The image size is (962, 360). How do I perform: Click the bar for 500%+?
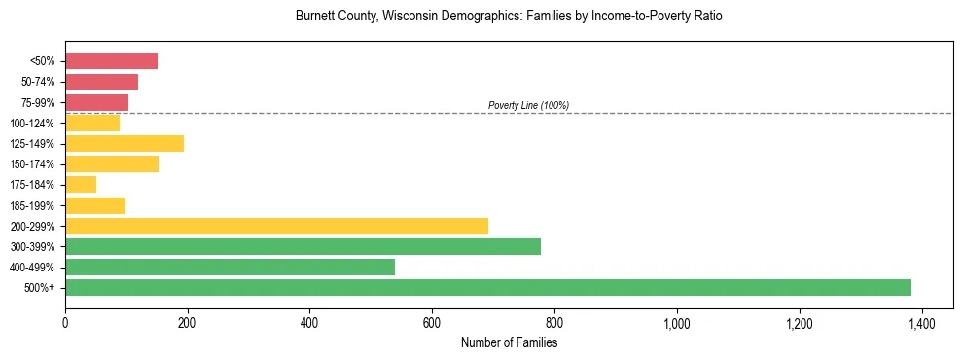point(488,288)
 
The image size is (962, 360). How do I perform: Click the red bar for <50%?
point(111,61)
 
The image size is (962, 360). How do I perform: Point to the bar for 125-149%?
point(125,144)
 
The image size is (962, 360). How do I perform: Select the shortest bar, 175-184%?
point(81,185)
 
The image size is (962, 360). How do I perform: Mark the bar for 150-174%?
point(112,164)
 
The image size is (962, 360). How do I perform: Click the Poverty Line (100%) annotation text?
point(528,105)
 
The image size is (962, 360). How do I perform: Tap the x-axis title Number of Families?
point(509,342)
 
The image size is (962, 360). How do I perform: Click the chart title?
point(509,17)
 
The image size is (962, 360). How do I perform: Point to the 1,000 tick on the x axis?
point(676,323)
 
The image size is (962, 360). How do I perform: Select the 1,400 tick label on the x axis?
point(921,323)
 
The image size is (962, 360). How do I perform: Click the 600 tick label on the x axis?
point(432,323)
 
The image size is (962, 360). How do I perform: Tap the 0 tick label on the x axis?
point(65,323)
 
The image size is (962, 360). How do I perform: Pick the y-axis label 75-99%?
point(39,103)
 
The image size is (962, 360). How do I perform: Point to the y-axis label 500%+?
point(41,288)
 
